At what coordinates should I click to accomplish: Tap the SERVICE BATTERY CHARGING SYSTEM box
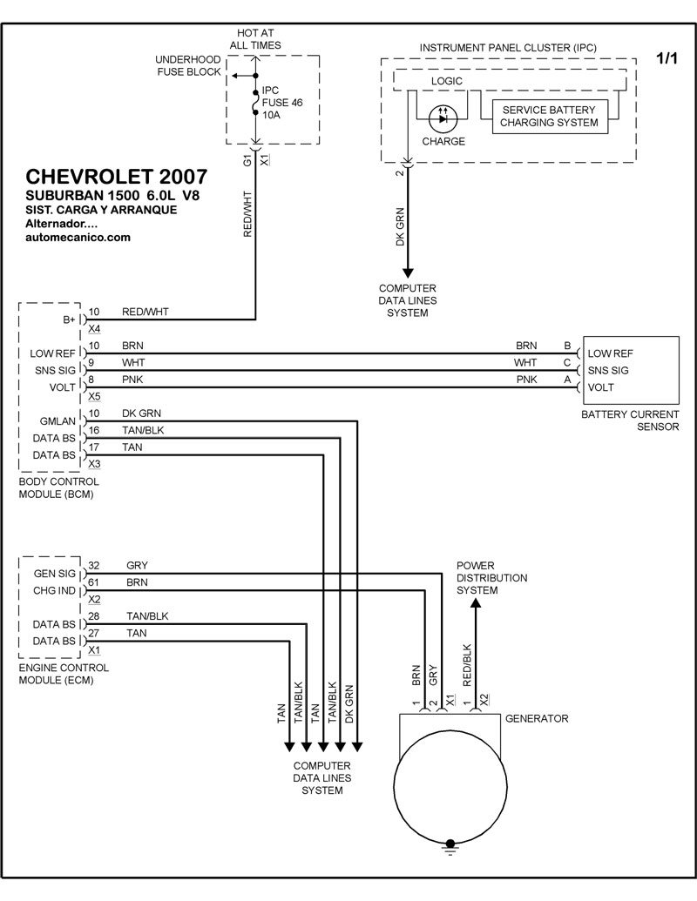(x=549, y=117)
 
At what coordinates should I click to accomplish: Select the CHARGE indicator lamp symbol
(x=443, y=115)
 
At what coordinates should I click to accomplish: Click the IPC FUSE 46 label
(x=282, y=103)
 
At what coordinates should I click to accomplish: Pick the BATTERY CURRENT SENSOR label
(x=630, y=421)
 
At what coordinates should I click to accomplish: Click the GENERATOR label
(x=537, y=719)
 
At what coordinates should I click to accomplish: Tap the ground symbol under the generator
(x=450, y=844)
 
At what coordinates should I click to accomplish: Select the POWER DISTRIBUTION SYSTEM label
(x=491, y=578)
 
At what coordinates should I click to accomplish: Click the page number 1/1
(x=667, y=58)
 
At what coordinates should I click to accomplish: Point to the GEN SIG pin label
(x=55, y=574)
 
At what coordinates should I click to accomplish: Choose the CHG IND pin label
(x=55, y=591)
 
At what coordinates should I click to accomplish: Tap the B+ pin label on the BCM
(x=70, y=320)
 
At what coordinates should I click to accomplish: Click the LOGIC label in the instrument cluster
(x=447, y=81)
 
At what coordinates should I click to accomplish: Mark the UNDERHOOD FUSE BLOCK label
(x=187, y=65)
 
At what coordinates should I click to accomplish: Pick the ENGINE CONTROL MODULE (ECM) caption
(x=64, y=674)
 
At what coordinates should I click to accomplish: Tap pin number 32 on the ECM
(x=94, y=564)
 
